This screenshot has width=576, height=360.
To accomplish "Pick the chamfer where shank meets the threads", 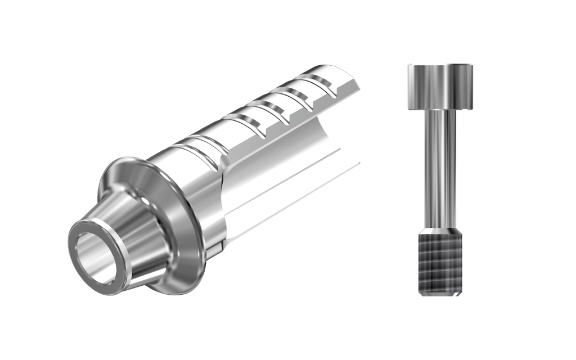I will coord(440,231).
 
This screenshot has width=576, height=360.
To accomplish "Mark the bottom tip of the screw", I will coord(440,295).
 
